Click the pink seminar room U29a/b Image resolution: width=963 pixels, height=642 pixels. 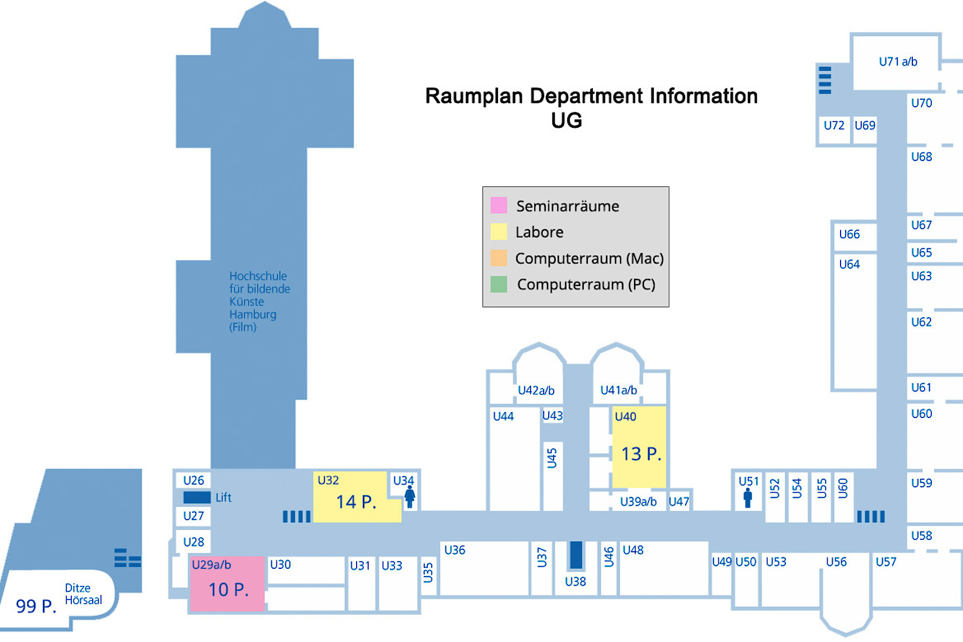tap(227, 584)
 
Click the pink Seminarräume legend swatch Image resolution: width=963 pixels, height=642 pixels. tap(499, 205)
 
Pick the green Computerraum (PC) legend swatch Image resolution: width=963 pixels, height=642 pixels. tap(499, 284)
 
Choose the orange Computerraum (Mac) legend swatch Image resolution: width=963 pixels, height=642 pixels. tap(499, 258)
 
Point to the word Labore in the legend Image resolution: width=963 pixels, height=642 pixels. tap(539, 232)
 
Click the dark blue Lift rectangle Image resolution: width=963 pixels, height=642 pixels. tap(197, 497)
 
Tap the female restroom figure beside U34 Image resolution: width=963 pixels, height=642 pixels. tap(410, 497)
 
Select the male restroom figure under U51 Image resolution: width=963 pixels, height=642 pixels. tap(747, 498)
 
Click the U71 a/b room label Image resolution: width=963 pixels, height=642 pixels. tap(898, 62)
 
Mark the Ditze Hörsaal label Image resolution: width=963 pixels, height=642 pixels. tap(83, 594)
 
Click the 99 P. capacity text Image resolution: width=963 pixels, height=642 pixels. tap(36, 606)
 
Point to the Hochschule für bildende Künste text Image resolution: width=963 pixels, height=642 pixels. tap(259, 301)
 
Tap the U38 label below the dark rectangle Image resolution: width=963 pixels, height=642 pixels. tap(575, 581)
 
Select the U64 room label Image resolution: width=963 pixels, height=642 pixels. tap(849, 264)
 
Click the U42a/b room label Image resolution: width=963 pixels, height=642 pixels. tap(536, 390)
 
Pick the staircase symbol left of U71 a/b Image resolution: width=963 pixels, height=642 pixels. tap(825, 80)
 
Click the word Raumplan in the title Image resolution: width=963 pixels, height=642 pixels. tap(473, 96)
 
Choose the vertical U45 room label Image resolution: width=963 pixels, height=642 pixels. tap(552, 458)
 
